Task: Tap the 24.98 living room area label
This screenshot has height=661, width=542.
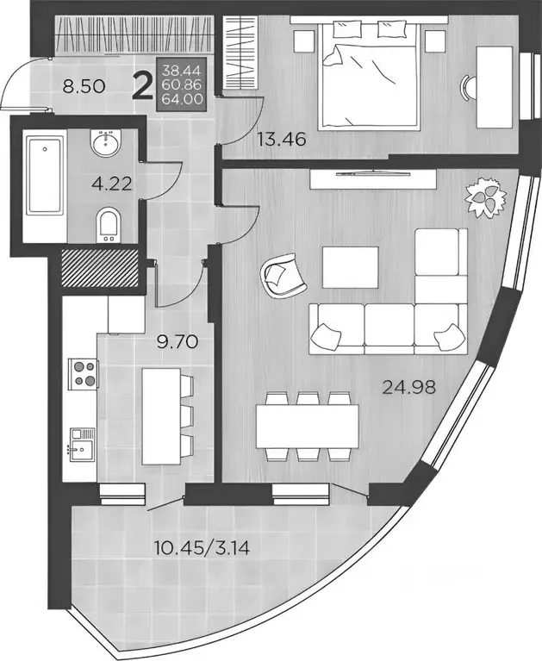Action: pos(409,387)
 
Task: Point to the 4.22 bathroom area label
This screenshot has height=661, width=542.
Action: pos(109,184)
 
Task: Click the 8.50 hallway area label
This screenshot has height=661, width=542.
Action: pos(64,86)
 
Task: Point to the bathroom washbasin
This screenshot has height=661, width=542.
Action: pos(108,140)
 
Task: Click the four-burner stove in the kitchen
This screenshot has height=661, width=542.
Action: pos(83,373)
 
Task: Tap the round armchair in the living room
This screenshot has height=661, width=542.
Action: pos(278,277)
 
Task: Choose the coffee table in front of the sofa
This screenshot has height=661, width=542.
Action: pos(350,268)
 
